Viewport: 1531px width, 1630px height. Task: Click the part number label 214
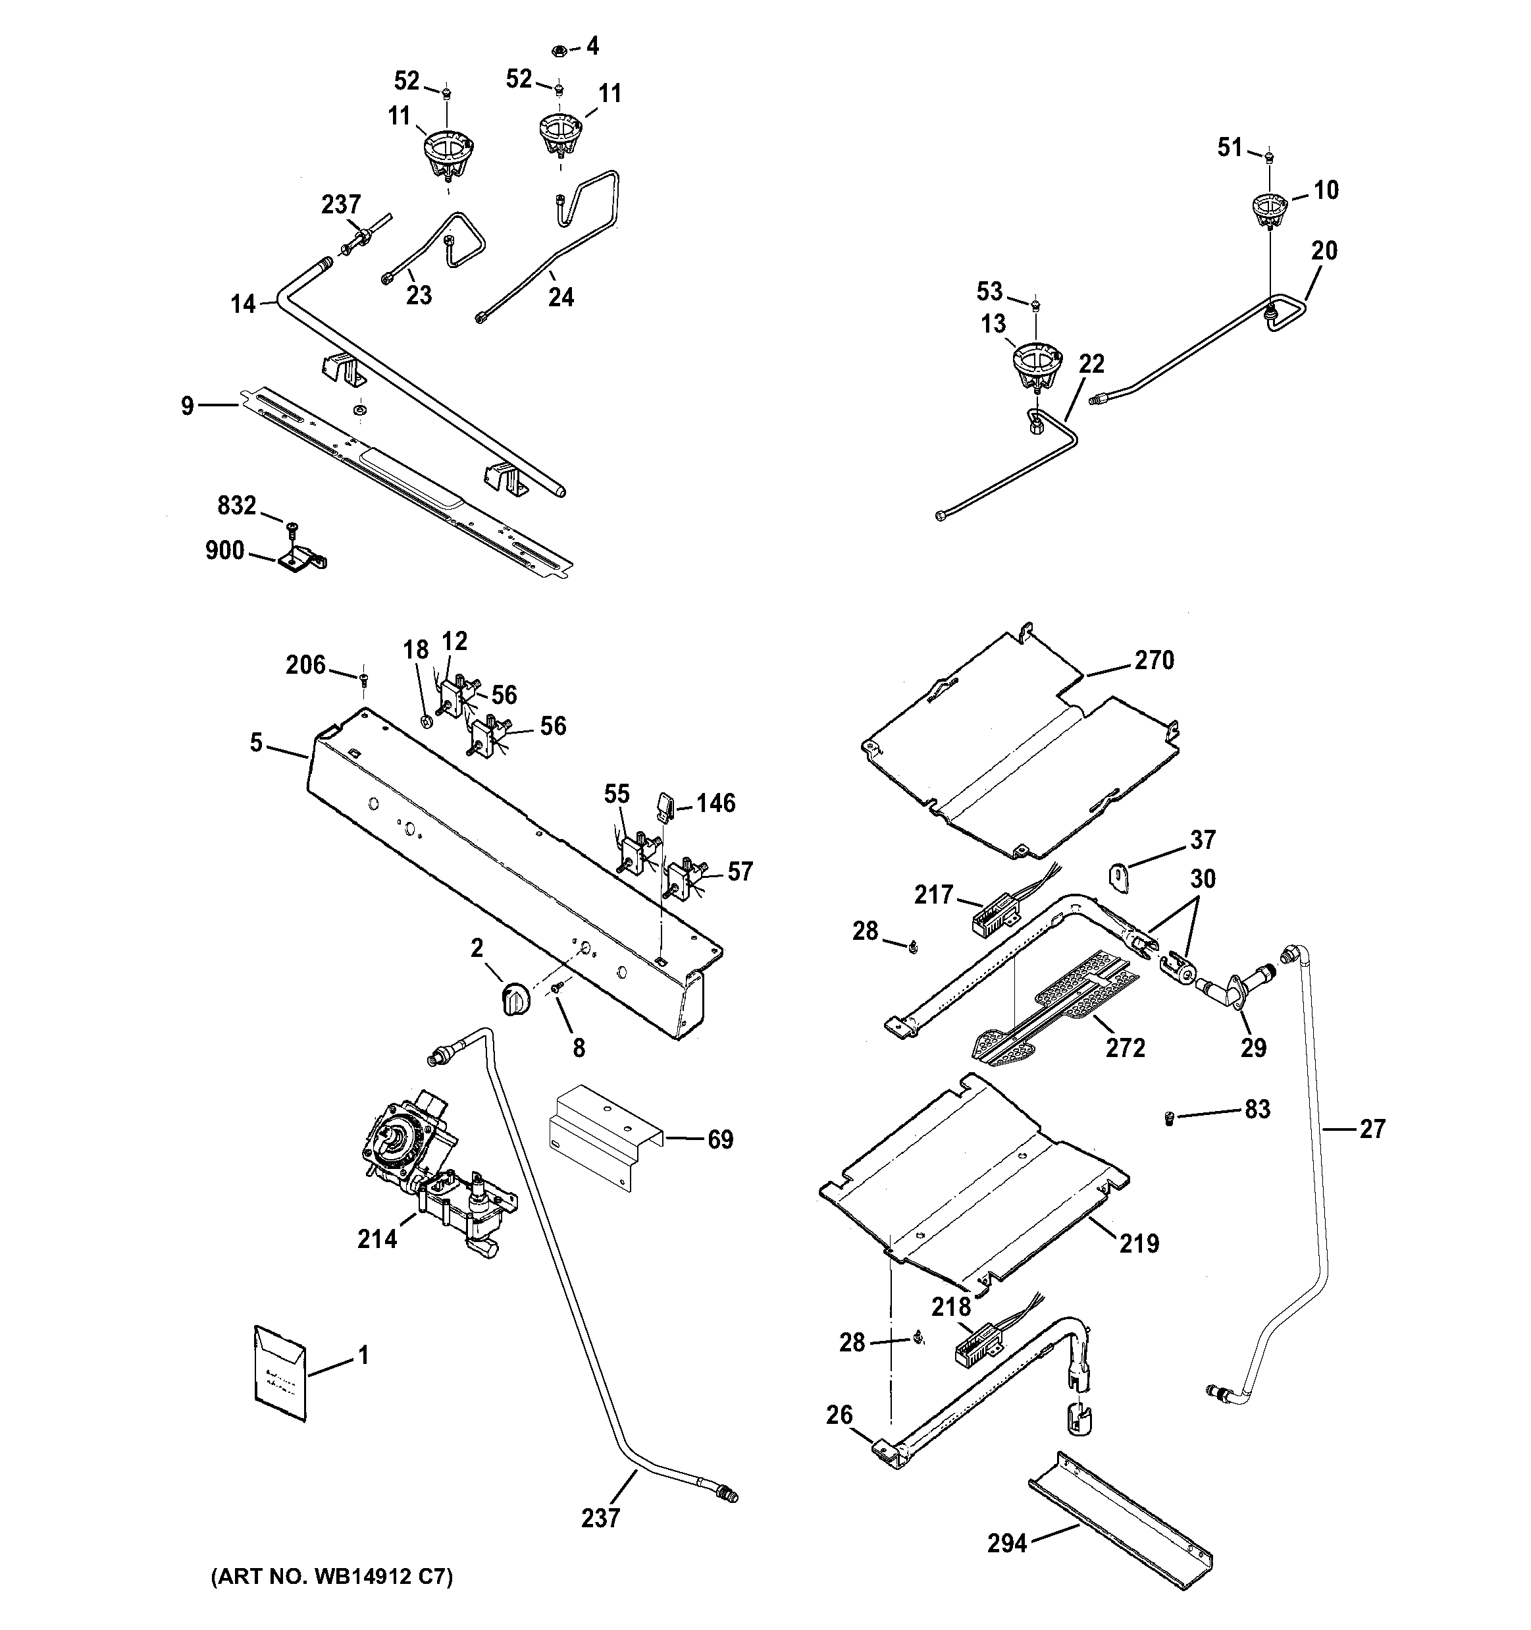(x=377, y=1239)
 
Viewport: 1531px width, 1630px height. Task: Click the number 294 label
(x=1007, y=1544)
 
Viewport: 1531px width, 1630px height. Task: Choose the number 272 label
(x=1126, y=1048)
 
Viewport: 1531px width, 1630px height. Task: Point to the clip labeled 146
(x=665, y=805)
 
